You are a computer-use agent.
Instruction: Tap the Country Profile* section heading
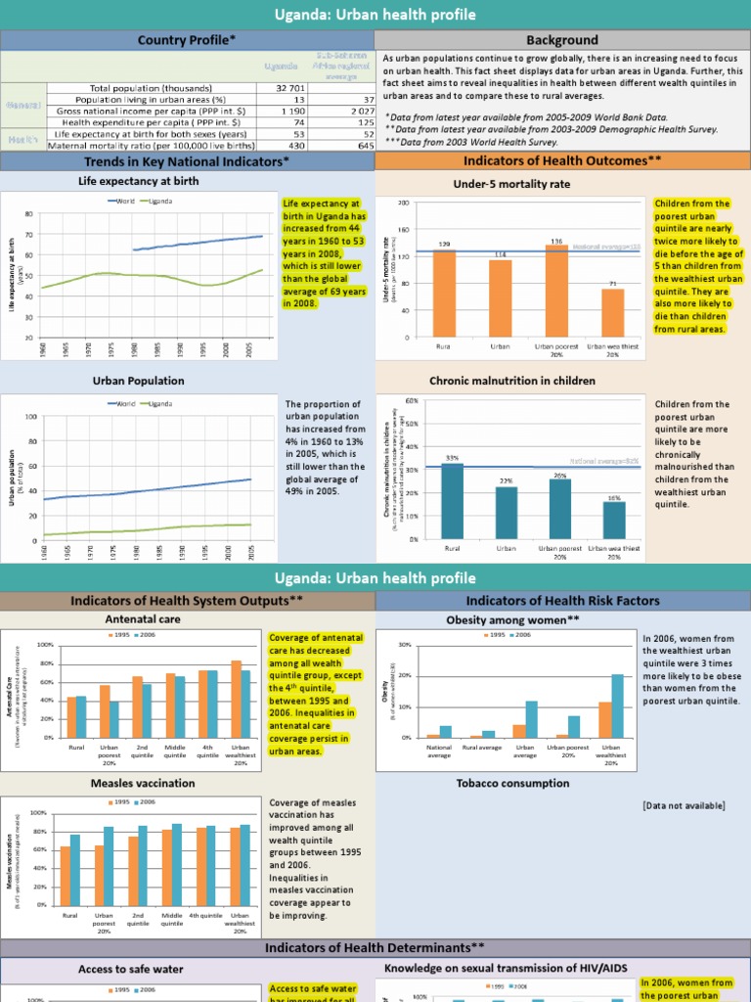187,40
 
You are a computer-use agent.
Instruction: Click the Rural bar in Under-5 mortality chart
445,294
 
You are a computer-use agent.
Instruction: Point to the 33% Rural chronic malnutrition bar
452,500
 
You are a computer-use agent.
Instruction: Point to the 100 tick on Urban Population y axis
31,417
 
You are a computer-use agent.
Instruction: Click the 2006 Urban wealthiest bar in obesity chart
618,706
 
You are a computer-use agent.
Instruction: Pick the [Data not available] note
684,805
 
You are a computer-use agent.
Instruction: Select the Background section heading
561,40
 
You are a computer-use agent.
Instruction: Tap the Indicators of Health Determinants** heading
375,947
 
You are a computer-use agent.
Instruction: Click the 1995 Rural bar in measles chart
66,875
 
